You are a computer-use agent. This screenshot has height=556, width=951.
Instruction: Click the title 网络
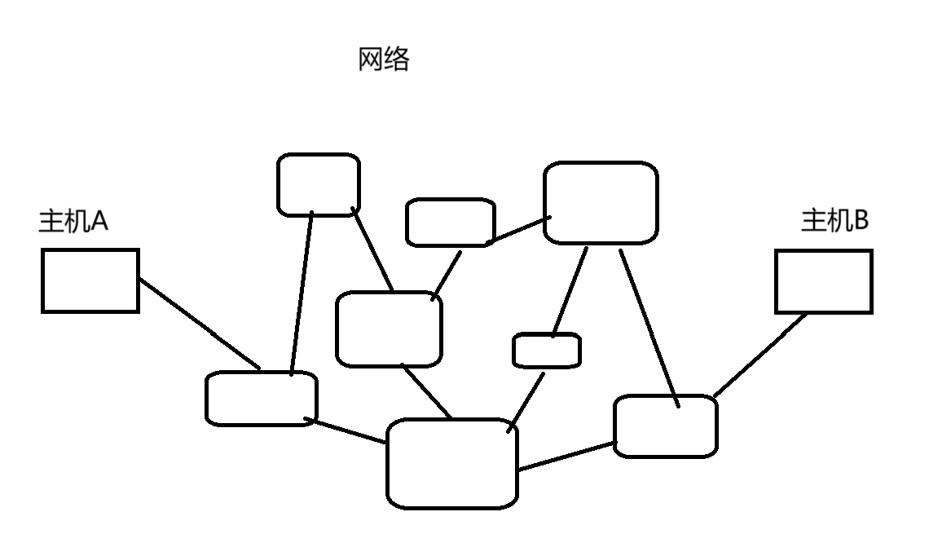coord(384,60)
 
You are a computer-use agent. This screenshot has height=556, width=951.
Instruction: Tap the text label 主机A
coord(73,221)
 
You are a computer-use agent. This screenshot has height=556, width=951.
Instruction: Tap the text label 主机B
coord(835,220)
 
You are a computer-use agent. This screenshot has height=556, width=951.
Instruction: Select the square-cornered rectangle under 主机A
coord(90,281)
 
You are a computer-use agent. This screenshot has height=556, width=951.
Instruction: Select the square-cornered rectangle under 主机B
coord(824,282)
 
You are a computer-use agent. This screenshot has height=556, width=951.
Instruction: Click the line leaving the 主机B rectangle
coord(760,355)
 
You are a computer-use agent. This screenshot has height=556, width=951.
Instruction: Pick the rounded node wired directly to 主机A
coord(261,399)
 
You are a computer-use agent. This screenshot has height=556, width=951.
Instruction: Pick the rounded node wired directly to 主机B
coord(666,426)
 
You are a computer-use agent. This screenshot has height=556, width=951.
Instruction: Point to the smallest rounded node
coord(547,351)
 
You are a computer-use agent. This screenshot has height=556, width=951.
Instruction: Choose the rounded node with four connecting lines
coord(452,464)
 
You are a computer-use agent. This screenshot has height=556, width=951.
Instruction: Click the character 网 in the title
coord(371,60)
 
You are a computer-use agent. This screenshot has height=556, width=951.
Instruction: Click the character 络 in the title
coord(397,60)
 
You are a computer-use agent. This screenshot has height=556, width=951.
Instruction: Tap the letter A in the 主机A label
coord(99,221)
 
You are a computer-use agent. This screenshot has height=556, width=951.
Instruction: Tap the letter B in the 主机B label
coord(861,220)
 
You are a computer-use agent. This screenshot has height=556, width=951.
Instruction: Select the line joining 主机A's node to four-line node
coord(350,431)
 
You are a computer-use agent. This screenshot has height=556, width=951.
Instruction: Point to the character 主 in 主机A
coord(51,221)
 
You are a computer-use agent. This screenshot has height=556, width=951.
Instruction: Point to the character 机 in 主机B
coord(839,220)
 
